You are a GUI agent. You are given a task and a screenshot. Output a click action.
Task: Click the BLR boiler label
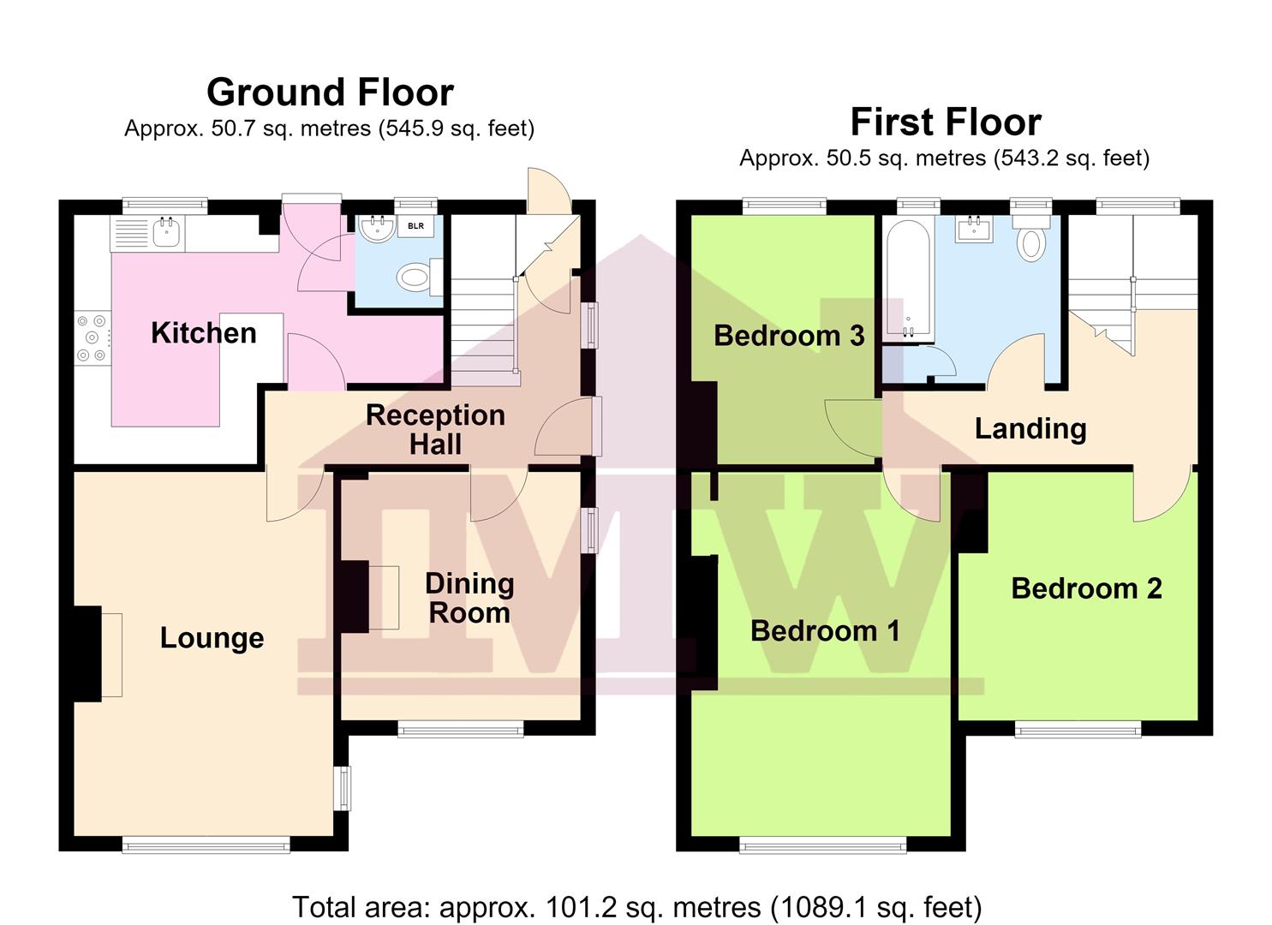tap(415, 226)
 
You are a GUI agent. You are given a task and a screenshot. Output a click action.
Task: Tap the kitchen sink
tap(166, 232)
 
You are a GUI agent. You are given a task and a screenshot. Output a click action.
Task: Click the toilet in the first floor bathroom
tap(1031, 237)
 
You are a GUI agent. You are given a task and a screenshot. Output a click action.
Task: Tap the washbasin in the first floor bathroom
tap(974, 230)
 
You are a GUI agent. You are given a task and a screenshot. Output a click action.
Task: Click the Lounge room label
tap(212, 638)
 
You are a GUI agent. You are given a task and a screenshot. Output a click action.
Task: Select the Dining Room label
tap(469, 598)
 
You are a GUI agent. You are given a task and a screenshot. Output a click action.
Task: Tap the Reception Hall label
tap(435, 429)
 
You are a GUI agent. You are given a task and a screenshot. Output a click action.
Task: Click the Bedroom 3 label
tap(789, 336)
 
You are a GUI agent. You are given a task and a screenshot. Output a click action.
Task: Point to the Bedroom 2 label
tap(1087, 588)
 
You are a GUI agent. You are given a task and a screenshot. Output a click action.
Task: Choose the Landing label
tap(1030, 429)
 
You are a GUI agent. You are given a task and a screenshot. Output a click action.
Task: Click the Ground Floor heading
tap(330, 92)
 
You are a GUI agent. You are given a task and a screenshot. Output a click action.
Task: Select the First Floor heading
tap(946, 122)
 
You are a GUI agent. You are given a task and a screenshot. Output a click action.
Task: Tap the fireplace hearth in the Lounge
tap(112, 654)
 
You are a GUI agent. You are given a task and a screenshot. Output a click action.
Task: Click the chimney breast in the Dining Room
tap(355, 597)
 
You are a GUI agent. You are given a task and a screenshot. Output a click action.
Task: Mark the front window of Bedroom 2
tap(1078, 729)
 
